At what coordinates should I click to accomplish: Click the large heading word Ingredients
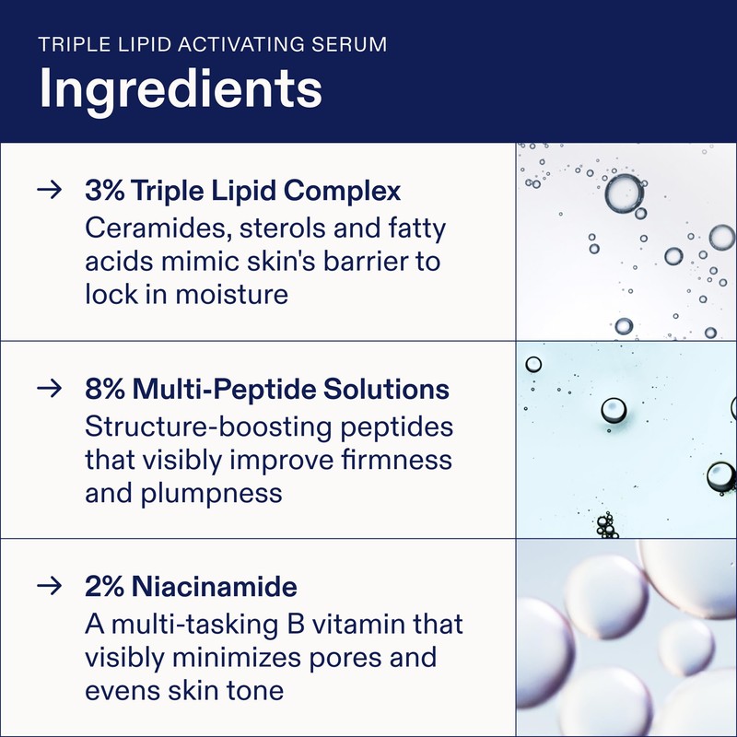180,89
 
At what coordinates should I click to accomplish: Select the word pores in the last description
347,658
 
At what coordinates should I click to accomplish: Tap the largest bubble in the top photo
624,193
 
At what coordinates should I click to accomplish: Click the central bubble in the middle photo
613,409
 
